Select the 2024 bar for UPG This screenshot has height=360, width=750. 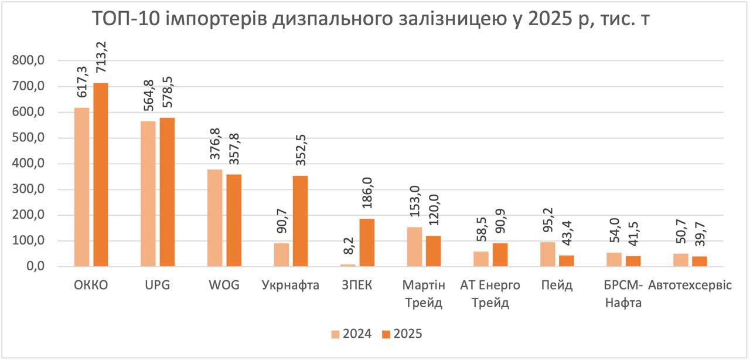pyautogui.click(x=148, y=193)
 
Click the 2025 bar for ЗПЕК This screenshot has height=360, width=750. pyautogui.click(x=367, y=243)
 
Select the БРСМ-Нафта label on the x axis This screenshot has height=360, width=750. pyautogui.click(x=623, y=294)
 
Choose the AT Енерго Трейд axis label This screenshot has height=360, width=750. pyautogui.click(x=490, y=294)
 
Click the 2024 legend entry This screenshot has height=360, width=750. pyautogui.click(x=351, y=334)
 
